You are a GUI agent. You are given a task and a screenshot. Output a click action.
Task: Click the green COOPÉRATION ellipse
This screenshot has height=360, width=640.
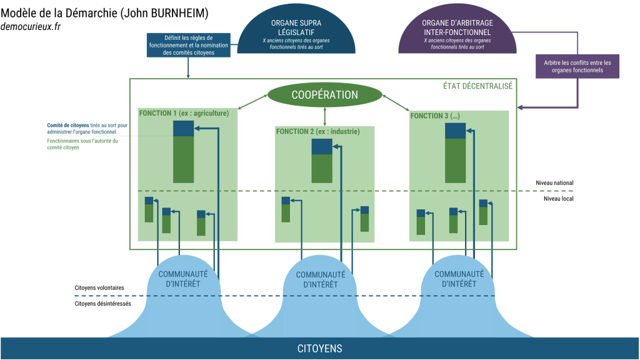(324, 95)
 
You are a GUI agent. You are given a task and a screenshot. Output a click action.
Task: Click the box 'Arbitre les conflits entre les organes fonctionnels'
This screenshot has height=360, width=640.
(578, 66)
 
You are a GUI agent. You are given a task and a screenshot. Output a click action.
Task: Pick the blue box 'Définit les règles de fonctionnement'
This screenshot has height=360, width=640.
(188, 45)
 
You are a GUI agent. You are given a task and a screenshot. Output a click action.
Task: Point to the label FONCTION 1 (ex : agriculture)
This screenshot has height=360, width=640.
(183, 113)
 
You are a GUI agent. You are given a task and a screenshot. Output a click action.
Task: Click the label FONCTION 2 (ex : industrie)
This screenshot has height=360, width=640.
(318, 131)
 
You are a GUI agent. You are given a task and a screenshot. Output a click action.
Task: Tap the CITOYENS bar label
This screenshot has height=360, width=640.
(319, 348)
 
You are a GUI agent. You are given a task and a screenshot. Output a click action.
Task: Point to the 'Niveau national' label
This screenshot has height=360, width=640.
(554, 182)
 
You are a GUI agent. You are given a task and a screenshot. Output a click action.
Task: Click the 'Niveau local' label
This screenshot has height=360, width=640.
(558, 198)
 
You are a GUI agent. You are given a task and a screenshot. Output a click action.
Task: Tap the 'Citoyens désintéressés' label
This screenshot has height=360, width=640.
(102, 304)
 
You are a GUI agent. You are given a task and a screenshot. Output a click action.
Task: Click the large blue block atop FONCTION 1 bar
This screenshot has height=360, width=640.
(183, 128)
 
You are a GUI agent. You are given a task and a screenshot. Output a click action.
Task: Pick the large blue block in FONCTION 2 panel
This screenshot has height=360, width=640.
(322, 147)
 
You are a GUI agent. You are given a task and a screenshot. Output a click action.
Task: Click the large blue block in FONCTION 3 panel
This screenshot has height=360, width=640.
(456, 131)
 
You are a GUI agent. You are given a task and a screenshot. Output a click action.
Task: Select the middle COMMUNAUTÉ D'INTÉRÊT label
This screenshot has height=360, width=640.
(321, 279)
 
